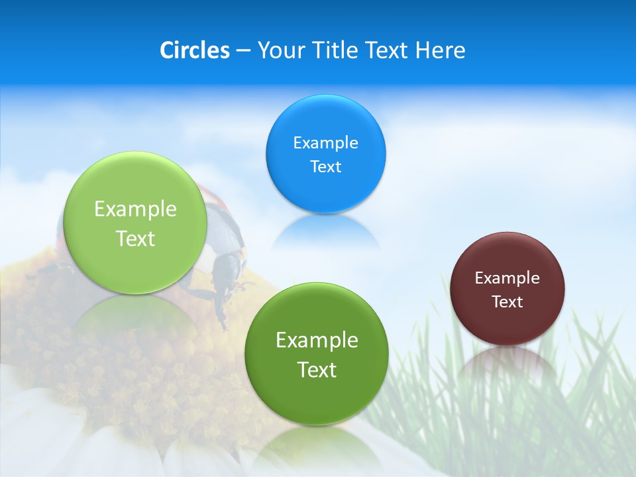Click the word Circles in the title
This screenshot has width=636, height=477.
(x=195, y=50)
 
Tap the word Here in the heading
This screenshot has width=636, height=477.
(x=440, y=50)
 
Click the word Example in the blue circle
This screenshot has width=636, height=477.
(x=325, y=143)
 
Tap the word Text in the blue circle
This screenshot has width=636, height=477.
(x=325, y=167)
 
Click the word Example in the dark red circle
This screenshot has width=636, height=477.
(x=507, y=278)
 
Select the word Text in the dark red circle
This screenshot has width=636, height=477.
(x=507, y=302)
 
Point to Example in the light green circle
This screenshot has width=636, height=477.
(x=135, y=209)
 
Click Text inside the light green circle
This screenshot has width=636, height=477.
(x=135, y=238)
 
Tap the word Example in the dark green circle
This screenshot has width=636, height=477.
(x=317, y=341)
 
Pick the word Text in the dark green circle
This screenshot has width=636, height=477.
(x=317, y=370)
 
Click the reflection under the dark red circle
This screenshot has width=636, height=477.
(x=507, y=361)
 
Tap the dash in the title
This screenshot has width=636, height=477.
(x=242, y=51)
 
